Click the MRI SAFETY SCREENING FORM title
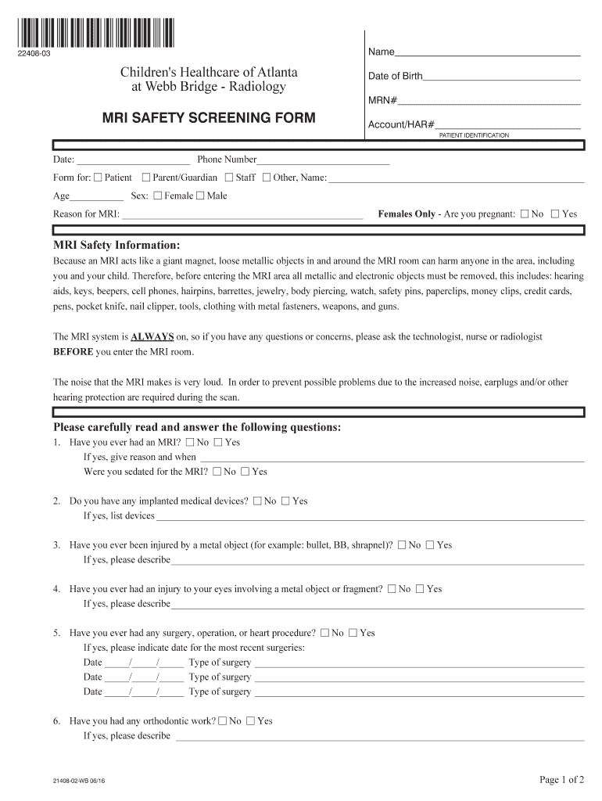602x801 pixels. coord(210,118)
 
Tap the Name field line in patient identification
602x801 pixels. coord(486,55)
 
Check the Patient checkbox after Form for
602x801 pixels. coord(98,178)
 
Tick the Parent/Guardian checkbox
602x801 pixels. coord(146,178)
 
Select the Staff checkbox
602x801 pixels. coord(229,178)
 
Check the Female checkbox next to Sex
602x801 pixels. coord(158,196)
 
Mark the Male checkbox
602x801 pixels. coord(200,196)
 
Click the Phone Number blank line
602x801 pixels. coord(322,162)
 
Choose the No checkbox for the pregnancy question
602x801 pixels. coord(525,214)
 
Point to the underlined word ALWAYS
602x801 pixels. coord(152,337)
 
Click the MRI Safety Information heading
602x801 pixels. coord(116,246)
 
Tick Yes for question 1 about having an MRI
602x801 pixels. coord(218,443)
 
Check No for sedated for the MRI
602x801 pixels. coord(217,472)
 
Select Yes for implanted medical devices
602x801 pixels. coord(285,501)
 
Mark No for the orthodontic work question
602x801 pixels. coord(223,721)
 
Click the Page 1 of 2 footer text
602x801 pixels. coord(561,779)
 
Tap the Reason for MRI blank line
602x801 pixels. coord(242,215)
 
